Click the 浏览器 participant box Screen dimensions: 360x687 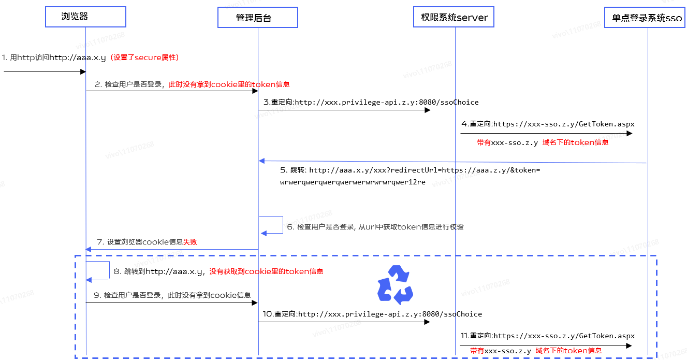[85, 17]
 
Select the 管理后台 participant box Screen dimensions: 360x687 [257, 18]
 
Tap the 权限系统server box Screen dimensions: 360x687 [454, 17]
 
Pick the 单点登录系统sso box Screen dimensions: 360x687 [647, 18]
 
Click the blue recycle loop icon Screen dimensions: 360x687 [396, 284]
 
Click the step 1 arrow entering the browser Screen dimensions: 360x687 [44, 72]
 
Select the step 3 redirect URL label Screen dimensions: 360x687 [371, 102]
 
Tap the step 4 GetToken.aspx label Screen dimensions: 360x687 [548, 124]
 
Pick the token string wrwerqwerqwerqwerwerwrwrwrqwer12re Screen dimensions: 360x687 [353, 182]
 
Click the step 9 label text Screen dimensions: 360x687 [177, 295]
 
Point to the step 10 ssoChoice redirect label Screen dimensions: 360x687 [372, 314]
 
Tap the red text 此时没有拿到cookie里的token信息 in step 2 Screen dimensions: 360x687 [229, 84]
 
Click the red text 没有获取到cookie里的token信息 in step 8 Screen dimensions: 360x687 [266, 271]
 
